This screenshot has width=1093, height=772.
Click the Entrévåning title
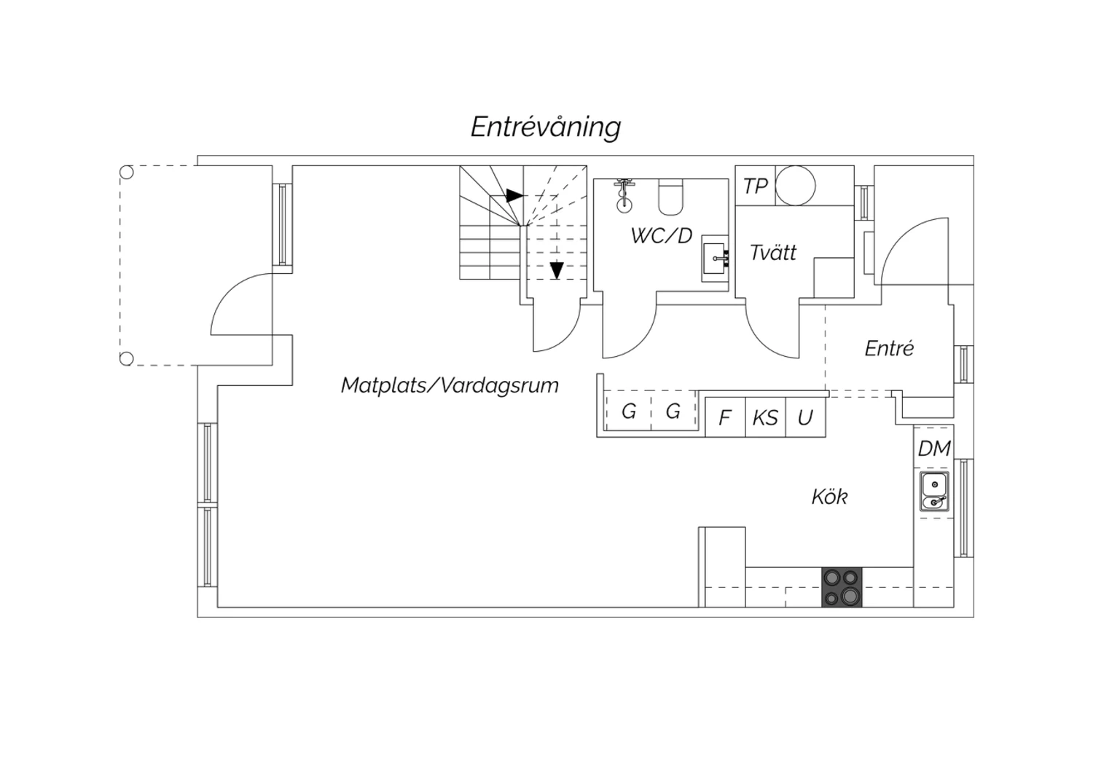pyautogui.click(x=546, y=127)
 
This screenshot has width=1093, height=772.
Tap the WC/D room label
pyautogui.click(x=661, y=236)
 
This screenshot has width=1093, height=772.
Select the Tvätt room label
pyautogui.click(x=773, y=253)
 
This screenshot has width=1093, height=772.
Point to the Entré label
pyautogui.click(x=889, y=348)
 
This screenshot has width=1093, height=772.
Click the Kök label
pyautogui.click(x=829, y=497)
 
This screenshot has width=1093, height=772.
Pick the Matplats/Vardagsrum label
pyautogui.click(x=450, y=385)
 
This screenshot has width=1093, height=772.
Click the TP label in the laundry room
pyautogui.click(x=756, y=186)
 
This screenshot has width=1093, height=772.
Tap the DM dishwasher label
pyautogui.click(x=934, y=449)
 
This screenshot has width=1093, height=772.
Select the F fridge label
pyautogui.click(x=725, y=418)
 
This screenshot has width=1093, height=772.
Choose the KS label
pyautogui.click(x=764, y=418)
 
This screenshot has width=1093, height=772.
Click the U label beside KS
pyautogui.click(x=805, y=418)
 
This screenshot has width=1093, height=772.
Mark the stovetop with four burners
pyautogui.click(x=842, y=587)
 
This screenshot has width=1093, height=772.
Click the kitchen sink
pyautogui.click(x=934, y=491)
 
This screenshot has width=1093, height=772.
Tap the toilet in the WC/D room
pyautogui.click(x=670, y=197)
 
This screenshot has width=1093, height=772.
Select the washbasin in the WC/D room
pyautogui.click(x=715, y=259)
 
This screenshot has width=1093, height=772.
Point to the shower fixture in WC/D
pyautogui.click(x=624, y=196)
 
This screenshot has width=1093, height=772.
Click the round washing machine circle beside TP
pyautogui.click(x=796, y=186)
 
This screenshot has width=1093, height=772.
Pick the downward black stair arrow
pyautogui.click(x=557, y=271)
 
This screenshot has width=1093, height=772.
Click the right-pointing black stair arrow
pyautogui.click(x=514, y=196)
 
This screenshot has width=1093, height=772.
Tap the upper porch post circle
pyautogui.click(x=126, y=172)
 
